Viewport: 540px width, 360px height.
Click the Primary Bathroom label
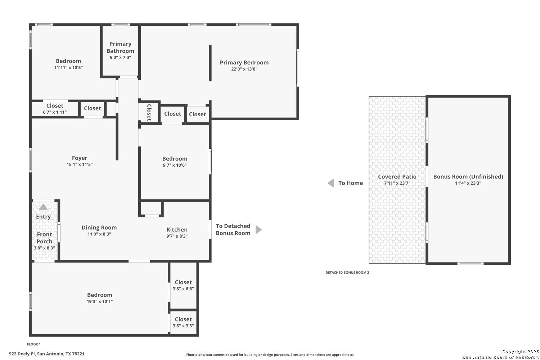[x=120, y=47]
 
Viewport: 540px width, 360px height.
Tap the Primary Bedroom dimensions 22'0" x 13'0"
[x=244, y=69]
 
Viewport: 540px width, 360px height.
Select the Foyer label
[x=80, y=158]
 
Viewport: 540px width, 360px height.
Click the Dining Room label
[x=99, y=228]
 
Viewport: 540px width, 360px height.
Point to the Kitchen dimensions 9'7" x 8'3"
[x=177, y=236]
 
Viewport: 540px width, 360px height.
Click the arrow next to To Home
[x=331, y=183]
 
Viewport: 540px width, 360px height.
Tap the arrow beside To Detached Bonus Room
[x=259, y=230]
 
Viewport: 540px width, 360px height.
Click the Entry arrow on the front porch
[x=44, y=207]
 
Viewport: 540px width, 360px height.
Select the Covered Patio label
[x=397, y=176]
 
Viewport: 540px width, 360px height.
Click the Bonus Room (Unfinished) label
[x=468, y=176]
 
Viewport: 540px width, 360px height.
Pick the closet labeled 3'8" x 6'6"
[x=183, y=285]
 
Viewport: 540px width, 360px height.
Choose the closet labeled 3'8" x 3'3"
[x=183, y=323]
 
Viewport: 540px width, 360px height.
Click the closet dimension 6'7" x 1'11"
[x=55, y=112]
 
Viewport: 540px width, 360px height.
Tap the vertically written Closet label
[x=149, y=113]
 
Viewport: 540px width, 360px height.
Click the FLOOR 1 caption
[x=34, y=344]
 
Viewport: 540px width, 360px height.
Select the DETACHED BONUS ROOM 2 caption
[x=347, y=273]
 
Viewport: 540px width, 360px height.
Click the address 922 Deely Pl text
[x=22, y=354]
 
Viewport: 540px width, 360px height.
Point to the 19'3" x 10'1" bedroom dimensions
[x=100, y=301]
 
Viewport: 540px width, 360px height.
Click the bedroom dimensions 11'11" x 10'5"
[x=68, y=68]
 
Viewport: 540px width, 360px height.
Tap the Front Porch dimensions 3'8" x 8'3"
[x=44, y=248]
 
